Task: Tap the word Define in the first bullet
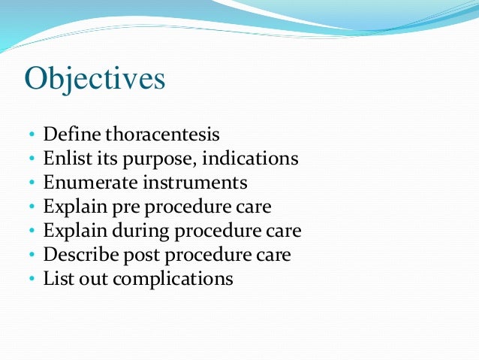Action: click(72, 135)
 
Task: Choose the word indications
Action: click(250, 159)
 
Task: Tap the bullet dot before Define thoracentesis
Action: click(32, 136)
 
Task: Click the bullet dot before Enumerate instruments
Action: click(32, 183)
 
